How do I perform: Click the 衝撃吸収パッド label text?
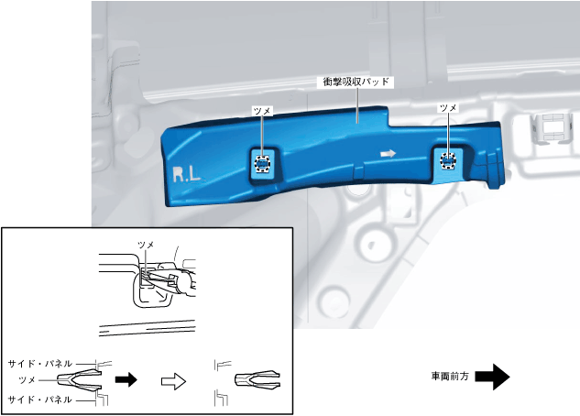click(356, 82)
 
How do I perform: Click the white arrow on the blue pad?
click(388, 154)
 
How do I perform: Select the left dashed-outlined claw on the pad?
click(262, 165)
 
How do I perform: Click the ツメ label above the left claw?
click(262, 110)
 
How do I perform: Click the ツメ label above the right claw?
click(448, 108)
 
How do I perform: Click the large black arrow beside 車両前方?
click(492, 377)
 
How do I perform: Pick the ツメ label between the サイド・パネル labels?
click(27, 379)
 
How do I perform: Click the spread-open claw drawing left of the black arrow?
click(81, 379)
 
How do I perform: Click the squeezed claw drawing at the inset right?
click(255, 379)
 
